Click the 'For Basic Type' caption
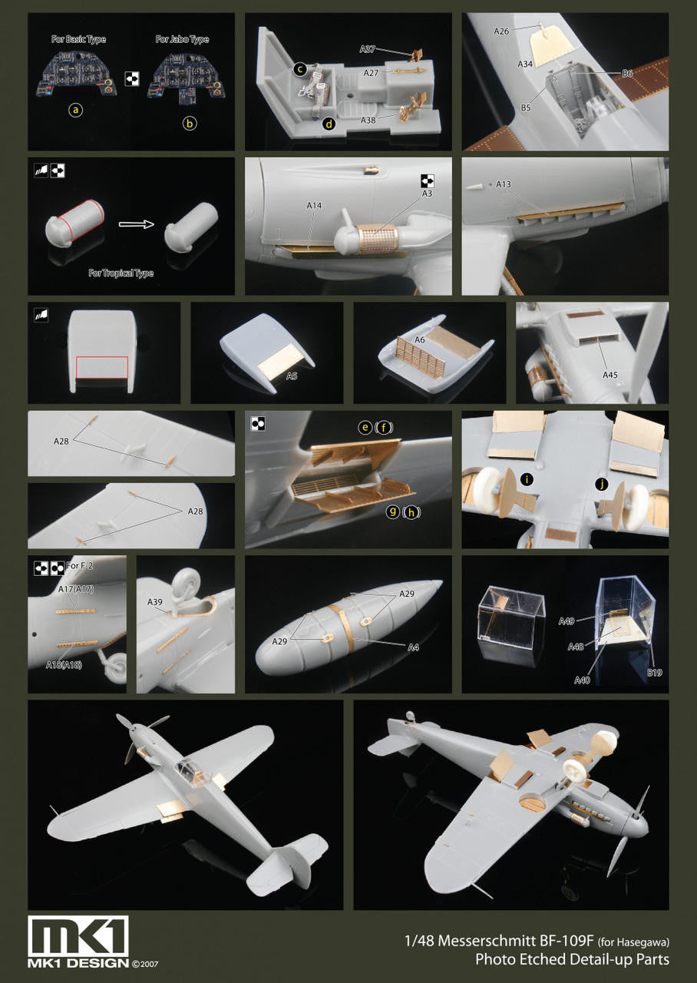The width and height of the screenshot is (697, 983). coord(78,39)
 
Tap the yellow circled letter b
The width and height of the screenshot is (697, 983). coord(190,124)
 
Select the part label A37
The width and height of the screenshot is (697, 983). coord(367,49)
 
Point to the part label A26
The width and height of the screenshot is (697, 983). coord(501,31)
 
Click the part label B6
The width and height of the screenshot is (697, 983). coord(627,74)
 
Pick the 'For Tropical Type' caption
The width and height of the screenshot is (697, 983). coord(121,273)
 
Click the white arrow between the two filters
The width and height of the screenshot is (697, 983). coord(137,224)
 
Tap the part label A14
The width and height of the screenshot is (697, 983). coord(314,205)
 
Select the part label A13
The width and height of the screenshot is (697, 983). coord(504,184)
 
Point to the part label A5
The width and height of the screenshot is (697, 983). coord(292,376)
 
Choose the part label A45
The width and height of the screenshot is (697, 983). coord(609,375)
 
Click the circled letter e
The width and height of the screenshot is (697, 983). coord(365,427)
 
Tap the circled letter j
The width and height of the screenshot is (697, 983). coord(603,484)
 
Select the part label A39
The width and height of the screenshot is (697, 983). coord(155,602)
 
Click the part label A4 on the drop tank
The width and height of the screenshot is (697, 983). coord(413,647)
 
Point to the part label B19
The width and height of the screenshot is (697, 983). coord(655,672)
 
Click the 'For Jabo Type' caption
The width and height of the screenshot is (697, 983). coord(182,39)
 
